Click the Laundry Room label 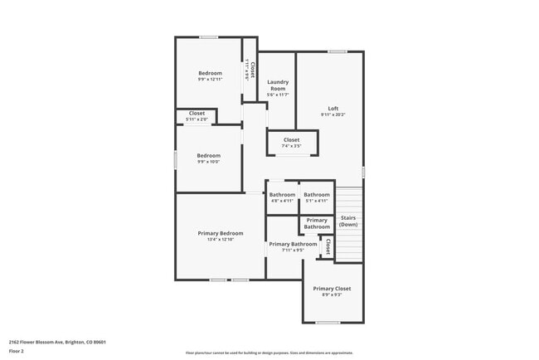pyautogui.click(x=278, y=85)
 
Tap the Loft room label pyautogui.click(x=333, y=109)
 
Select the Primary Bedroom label pyautogui.click(x=220, y=233)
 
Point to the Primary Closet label pyautogui.click(x=332, y=289)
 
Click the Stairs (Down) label pyautogui.click(x=348, y=221)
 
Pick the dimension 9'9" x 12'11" pyautogui.click(x=210, y=80)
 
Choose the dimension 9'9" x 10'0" pyautogui.click(x=208, y=162)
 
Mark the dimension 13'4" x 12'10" pyautogui.click(x=220, y=240)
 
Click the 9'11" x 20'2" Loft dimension pyautogui.click(x=333, y=114)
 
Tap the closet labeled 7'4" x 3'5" pyautogui.click(x=292, y=141)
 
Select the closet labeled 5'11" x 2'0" pyautogui.click(x=197, y=114)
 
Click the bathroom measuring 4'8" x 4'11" pyautogui.click(x=282, y=195)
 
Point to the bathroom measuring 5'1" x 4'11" pyautogui.click(x=317, y=195)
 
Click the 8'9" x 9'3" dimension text pyautogui.click(x=332, y=294)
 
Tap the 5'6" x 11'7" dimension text pyautogui.click(x=278, y=95)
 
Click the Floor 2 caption pyautogui.click(x=17, y=351)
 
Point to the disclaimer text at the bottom pyautogui.click(x=269, y=353)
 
